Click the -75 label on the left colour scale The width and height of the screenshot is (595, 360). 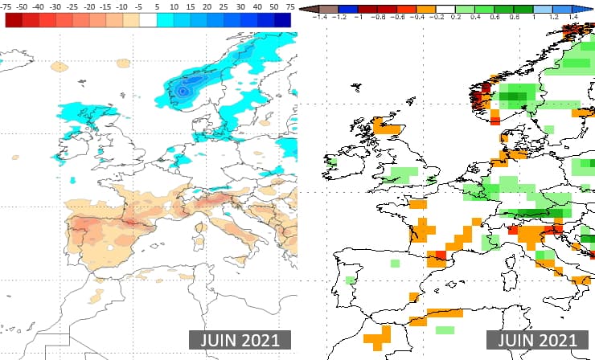point(8,6)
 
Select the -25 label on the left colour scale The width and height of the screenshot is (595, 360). point(72,6)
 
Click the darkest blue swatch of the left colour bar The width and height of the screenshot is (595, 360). point(281,20)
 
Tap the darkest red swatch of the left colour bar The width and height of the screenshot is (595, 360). point(14,20)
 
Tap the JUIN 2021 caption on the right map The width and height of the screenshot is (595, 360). point(537,340)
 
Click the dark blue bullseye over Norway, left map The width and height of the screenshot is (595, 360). point(183,92)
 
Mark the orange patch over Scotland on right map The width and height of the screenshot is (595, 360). point(388,127)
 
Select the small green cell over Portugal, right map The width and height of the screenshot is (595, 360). point(351,280)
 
